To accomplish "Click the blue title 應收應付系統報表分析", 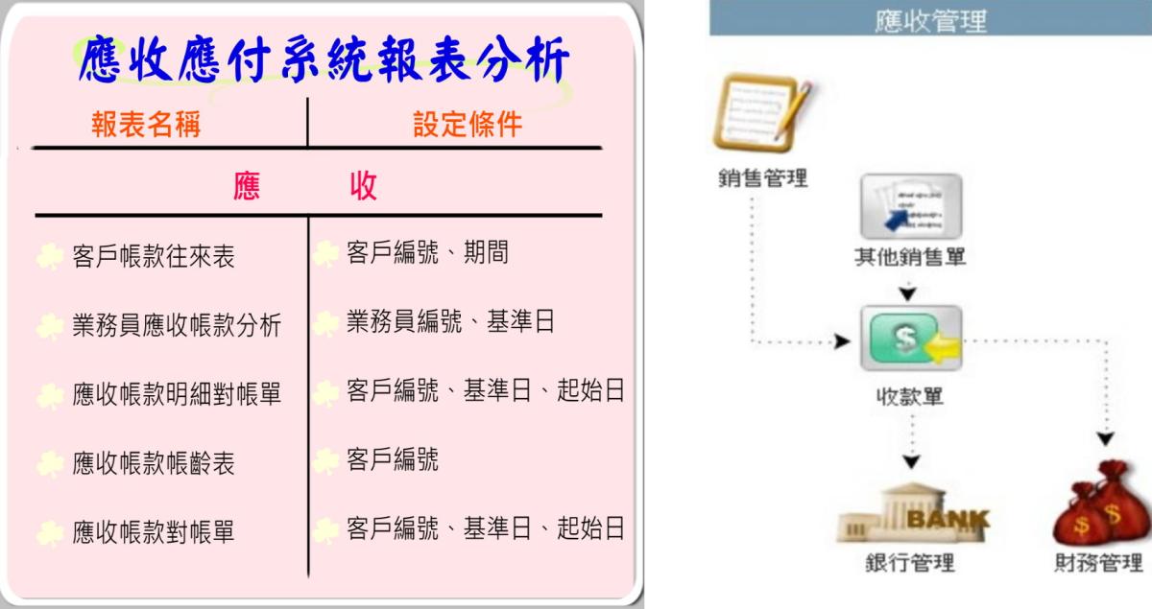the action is (324, 59).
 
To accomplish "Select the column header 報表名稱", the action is (146, 125).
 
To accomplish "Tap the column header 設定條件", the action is (468, 125).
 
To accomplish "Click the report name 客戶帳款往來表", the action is (154, 256).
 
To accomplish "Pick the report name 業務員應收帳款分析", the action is (177, 325).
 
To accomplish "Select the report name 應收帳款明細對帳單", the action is (177, 394).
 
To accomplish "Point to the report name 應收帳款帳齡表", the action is (154, 463).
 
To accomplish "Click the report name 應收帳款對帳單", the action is (154, 532).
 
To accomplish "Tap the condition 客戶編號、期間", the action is (427, 252).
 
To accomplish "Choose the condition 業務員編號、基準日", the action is (450, 321).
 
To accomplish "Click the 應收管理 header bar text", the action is (931, 21).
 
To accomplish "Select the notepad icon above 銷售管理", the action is (763, 112).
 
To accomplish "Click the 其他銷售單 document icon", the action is (911, 206).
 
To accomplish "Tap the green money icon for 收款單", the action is (911, 339).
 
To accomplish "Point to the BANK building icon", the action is (912, 512).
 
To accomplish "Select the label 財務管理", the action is (1098, 563).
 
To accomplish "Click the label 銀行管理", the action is (910, 563).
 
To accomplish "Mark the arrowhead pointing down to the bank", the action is (911, 461).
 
